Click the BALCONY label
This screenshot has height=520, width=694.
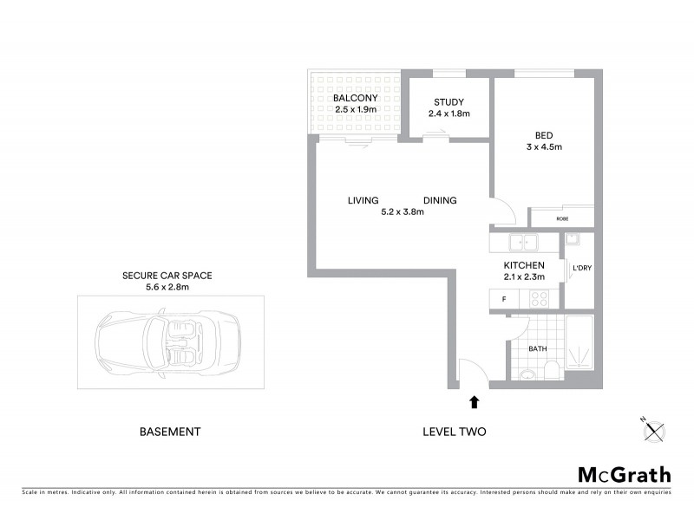354,99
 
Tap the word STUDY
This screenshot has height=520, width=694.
448,101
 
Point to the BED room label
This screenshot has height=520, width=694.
544,134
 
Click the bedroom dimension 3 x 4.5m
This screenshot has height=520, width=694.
544,147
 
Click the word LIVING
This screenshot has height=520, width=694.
363,200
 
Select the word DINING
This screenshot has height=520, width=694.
440,200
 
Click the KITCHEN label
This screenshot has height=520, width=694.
524,265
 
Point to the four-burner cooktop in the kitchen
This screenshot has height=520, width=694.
539,299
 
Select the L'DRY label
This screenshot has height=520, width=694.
580,268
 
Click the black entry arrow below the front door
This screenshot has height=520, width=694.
474,402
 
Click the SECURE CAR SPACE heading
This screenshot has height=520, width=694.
167,276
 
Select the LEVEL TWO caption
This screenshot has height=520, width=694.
454,432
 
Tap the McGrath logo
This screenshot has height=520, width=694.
624,474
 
